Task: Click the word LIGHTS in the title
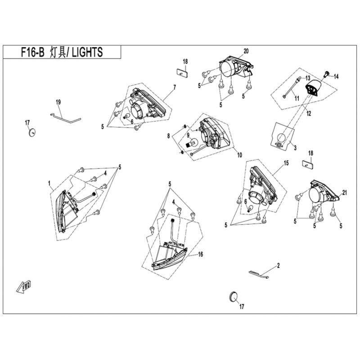point(87,52)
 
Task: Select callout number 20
point(246,51)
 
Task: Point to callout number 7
point(175,86)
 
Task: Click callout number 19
point(58,103)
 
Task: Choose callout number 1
point(49,184)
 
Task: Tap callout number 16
point(200,254)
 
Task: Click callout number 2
point(279,265)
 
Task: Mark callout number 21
point(345,193)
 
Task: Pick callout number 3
point(294,147)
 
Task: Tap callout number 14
point(337,76)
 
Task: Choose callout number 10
point(238,155)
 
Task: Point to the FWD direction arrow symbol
point(25,285)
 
